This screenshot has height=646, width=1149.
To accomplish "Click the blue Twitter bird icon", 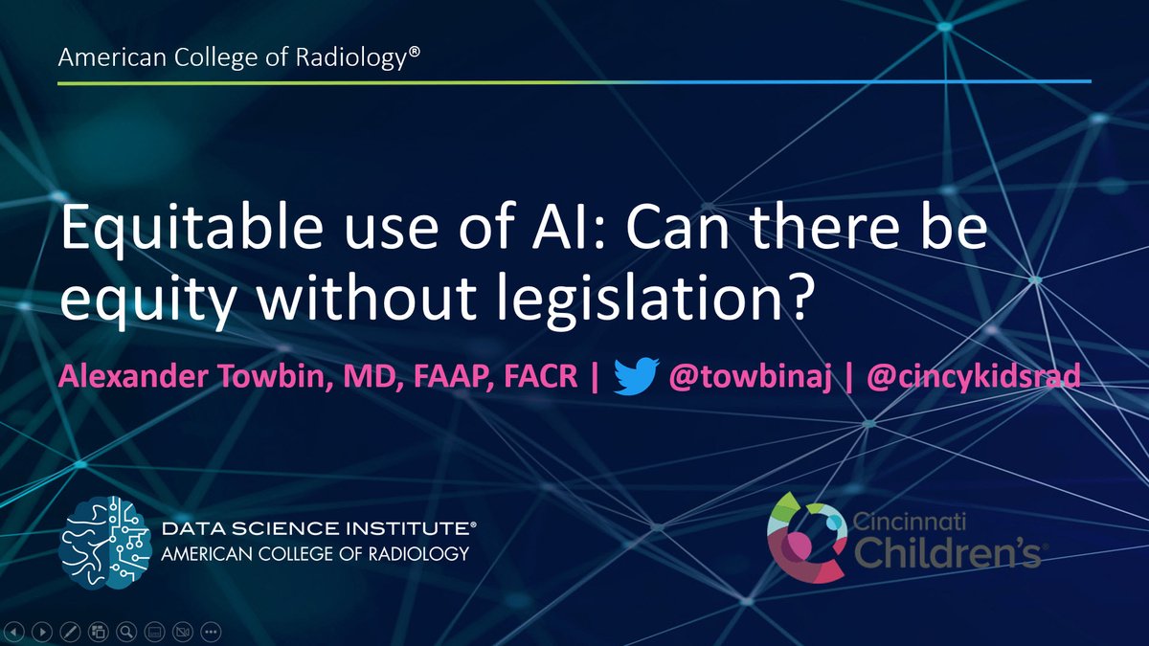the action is (x=637, y=376).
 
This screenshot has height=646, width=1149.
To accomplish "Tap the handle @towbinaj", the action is (x=750, y=376).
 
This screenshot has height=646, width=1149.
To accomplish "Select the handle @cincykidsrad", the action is (x=974, y=376).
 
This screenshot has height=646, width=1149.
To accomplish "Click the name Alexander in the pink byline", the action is (x=133, y=376).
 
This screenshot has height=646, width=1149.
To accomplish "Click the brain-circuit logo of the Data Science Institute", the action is (x=105, y=543).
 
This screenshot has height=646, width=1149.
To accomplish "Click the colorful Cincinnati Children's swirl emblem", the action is (x=807, y=537).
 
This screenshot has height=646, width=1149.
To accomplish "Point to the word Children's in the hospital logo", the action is (x=947, y=553).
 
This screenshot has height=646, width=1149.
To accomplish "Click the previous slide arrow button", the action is (x=14, y=632).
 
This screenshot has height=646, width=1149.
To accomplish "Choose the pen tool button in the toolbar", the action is (x=70, y=632).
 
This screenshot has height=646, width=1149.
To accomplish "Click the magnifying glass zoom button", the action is (x=126, y=632).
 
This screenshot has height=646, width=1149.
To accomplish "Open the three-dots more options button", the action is (x=211, y=632).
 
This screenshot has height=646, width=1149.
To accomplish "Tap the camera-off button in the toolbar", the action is (x=183, y=632).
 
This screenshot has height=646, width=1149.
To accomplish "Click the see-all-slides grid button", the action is (x=98, y=632).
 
